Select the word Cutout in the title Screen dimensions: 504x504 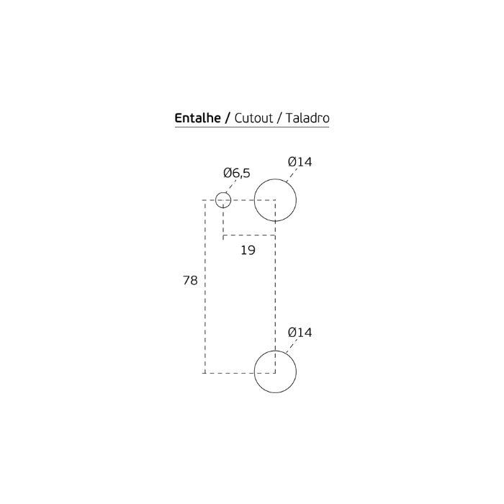tap(253, 117)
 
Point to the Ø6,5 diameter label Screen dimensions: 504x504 tap(237, 173)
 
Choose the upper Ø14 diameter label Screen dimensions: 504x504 tap(300, 162)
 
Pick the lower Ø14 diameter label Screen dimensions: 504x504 tap(300, 333)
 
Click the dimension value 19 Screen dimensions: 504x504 tap(248, 250)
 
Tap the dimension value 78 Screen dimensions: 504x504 tap(189, 281)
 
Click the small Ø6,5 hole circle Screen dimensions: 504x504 tap(223, 199)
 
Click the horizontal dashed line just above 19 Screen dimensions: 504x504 tap(249, 235)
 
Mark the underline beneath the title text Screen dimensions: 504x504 tap(251, 127)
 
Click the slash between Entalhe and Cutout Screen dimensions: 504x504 tap(228, 117)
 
